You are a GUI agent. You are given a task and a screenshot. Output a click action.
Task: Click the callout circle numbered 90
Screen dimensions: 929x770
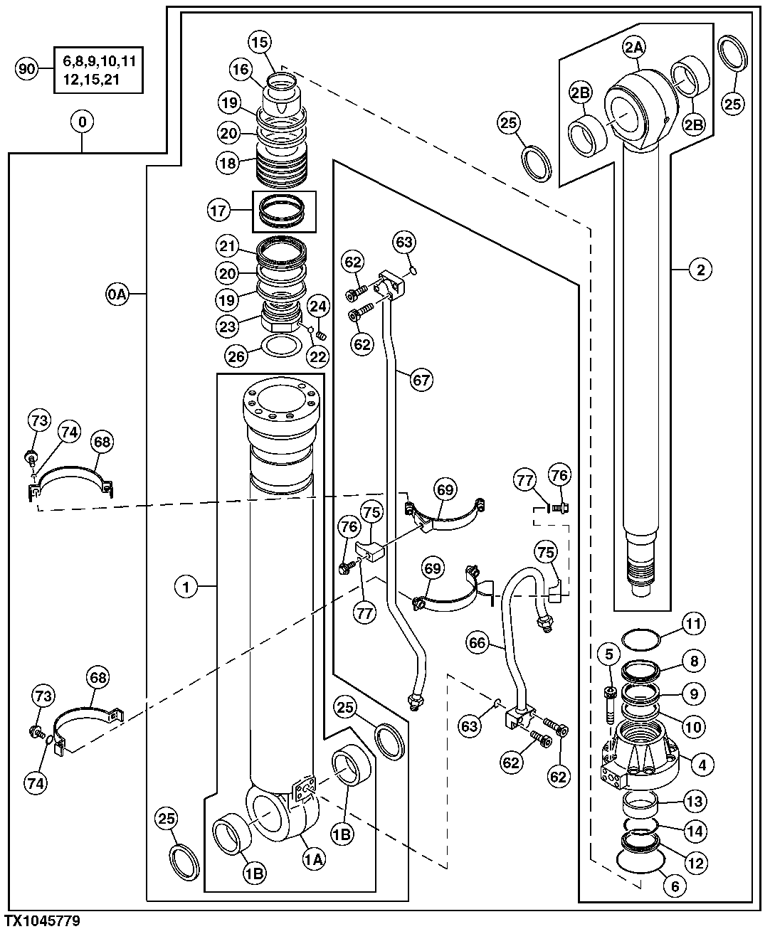tap(27, 69)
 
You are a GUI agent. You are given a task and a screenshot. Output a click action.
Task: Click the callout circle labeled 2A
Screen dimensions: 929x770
tap(634, 48)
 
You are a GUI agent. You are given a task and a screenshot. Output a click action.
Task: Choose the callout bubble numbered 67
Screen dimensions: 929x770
tap(421, 379)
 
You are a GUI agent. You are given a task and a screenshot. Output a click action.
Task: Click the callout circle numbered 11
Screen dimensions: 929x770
tap(694, 624)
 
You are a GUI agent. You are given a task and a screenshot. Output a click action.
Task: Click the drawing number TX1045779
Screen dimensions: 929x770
tap(42, 921)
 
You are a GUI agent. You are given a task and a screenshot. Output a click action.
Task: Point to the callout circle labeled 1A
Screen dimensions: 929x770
tap(315, 859)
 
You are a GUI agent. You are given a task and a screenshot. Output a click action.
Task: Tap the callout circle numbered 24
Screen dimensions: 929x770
tap(319, 307)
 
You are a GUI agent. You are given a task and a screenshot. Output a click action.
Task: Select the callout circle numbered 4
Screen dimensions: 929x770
tap(702, 765)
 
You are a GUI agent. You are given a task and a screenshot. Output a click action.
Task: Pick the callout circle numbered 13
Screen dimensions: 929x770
tap(695, 801)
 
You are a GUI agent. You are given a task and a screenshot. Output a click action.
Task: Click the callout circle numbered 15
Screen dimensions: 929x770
tap(260, 42)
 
